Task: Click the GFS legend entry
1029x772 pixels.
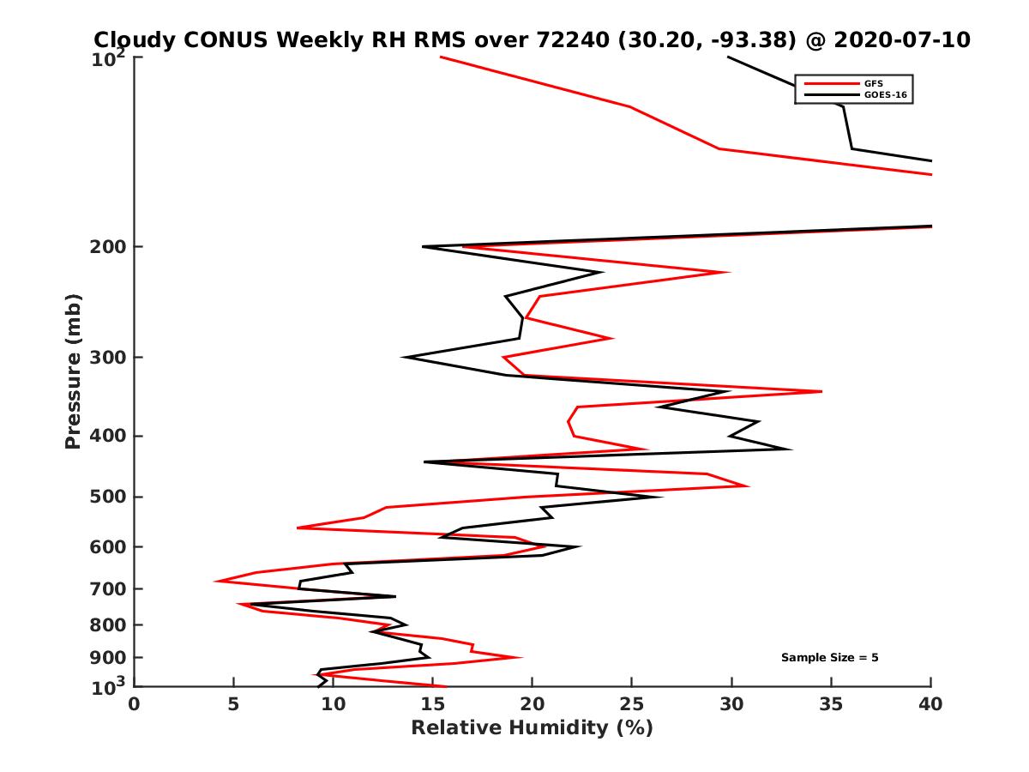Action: pyautogui.click(x=869, y=83)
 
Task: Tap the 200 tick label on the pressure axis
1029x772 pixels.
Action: pyautogui.click(x=105, y=247)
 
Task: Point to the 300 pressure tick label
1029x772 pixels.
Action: pyautogui.click(x=105, y=357)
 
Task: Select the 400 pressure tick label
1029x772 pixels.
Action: pyautogui.click(x=105, y=436)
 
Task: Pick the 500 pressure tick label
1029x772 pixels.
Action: pyautogui.click(x=105, y=497)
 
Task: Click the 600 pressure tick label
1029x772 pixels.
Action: pyautogui.click(x=105, y=546)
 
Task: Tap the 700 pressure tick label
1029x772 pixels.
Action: pyautogui.click(x=105, y=588)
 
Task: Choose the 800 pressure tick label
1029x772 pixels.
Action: pyautogui.click(x=105, y=624)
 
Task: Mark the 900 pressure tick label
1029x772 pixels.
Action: pyautogui.click(x=105, y=658)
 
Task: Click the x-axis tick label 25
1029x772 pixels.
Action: pyautogui.click(x=632, y=705)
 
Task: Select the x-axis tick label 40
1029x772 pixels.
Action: pyautogui.click(x=930, y=705)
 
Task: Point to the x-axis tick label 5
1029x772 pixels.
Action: pyautogui.click(x=233, y=705)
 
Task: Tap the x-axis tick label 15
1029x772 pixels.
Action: pyautogui.click(x=432, y=705)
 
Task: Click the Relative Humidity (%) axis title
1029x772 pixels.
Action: pyautogui.click(x=532, y=728)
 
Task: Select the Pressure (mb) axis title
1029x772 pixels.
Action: pyautogui.click(x=73, y=371)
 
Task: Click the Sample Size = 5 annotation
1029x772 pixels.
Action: pyautogui.click(x=829, y=658)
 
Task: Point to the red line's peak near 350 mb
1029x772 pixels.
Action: pyautogui.click(x=821, y=391)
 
